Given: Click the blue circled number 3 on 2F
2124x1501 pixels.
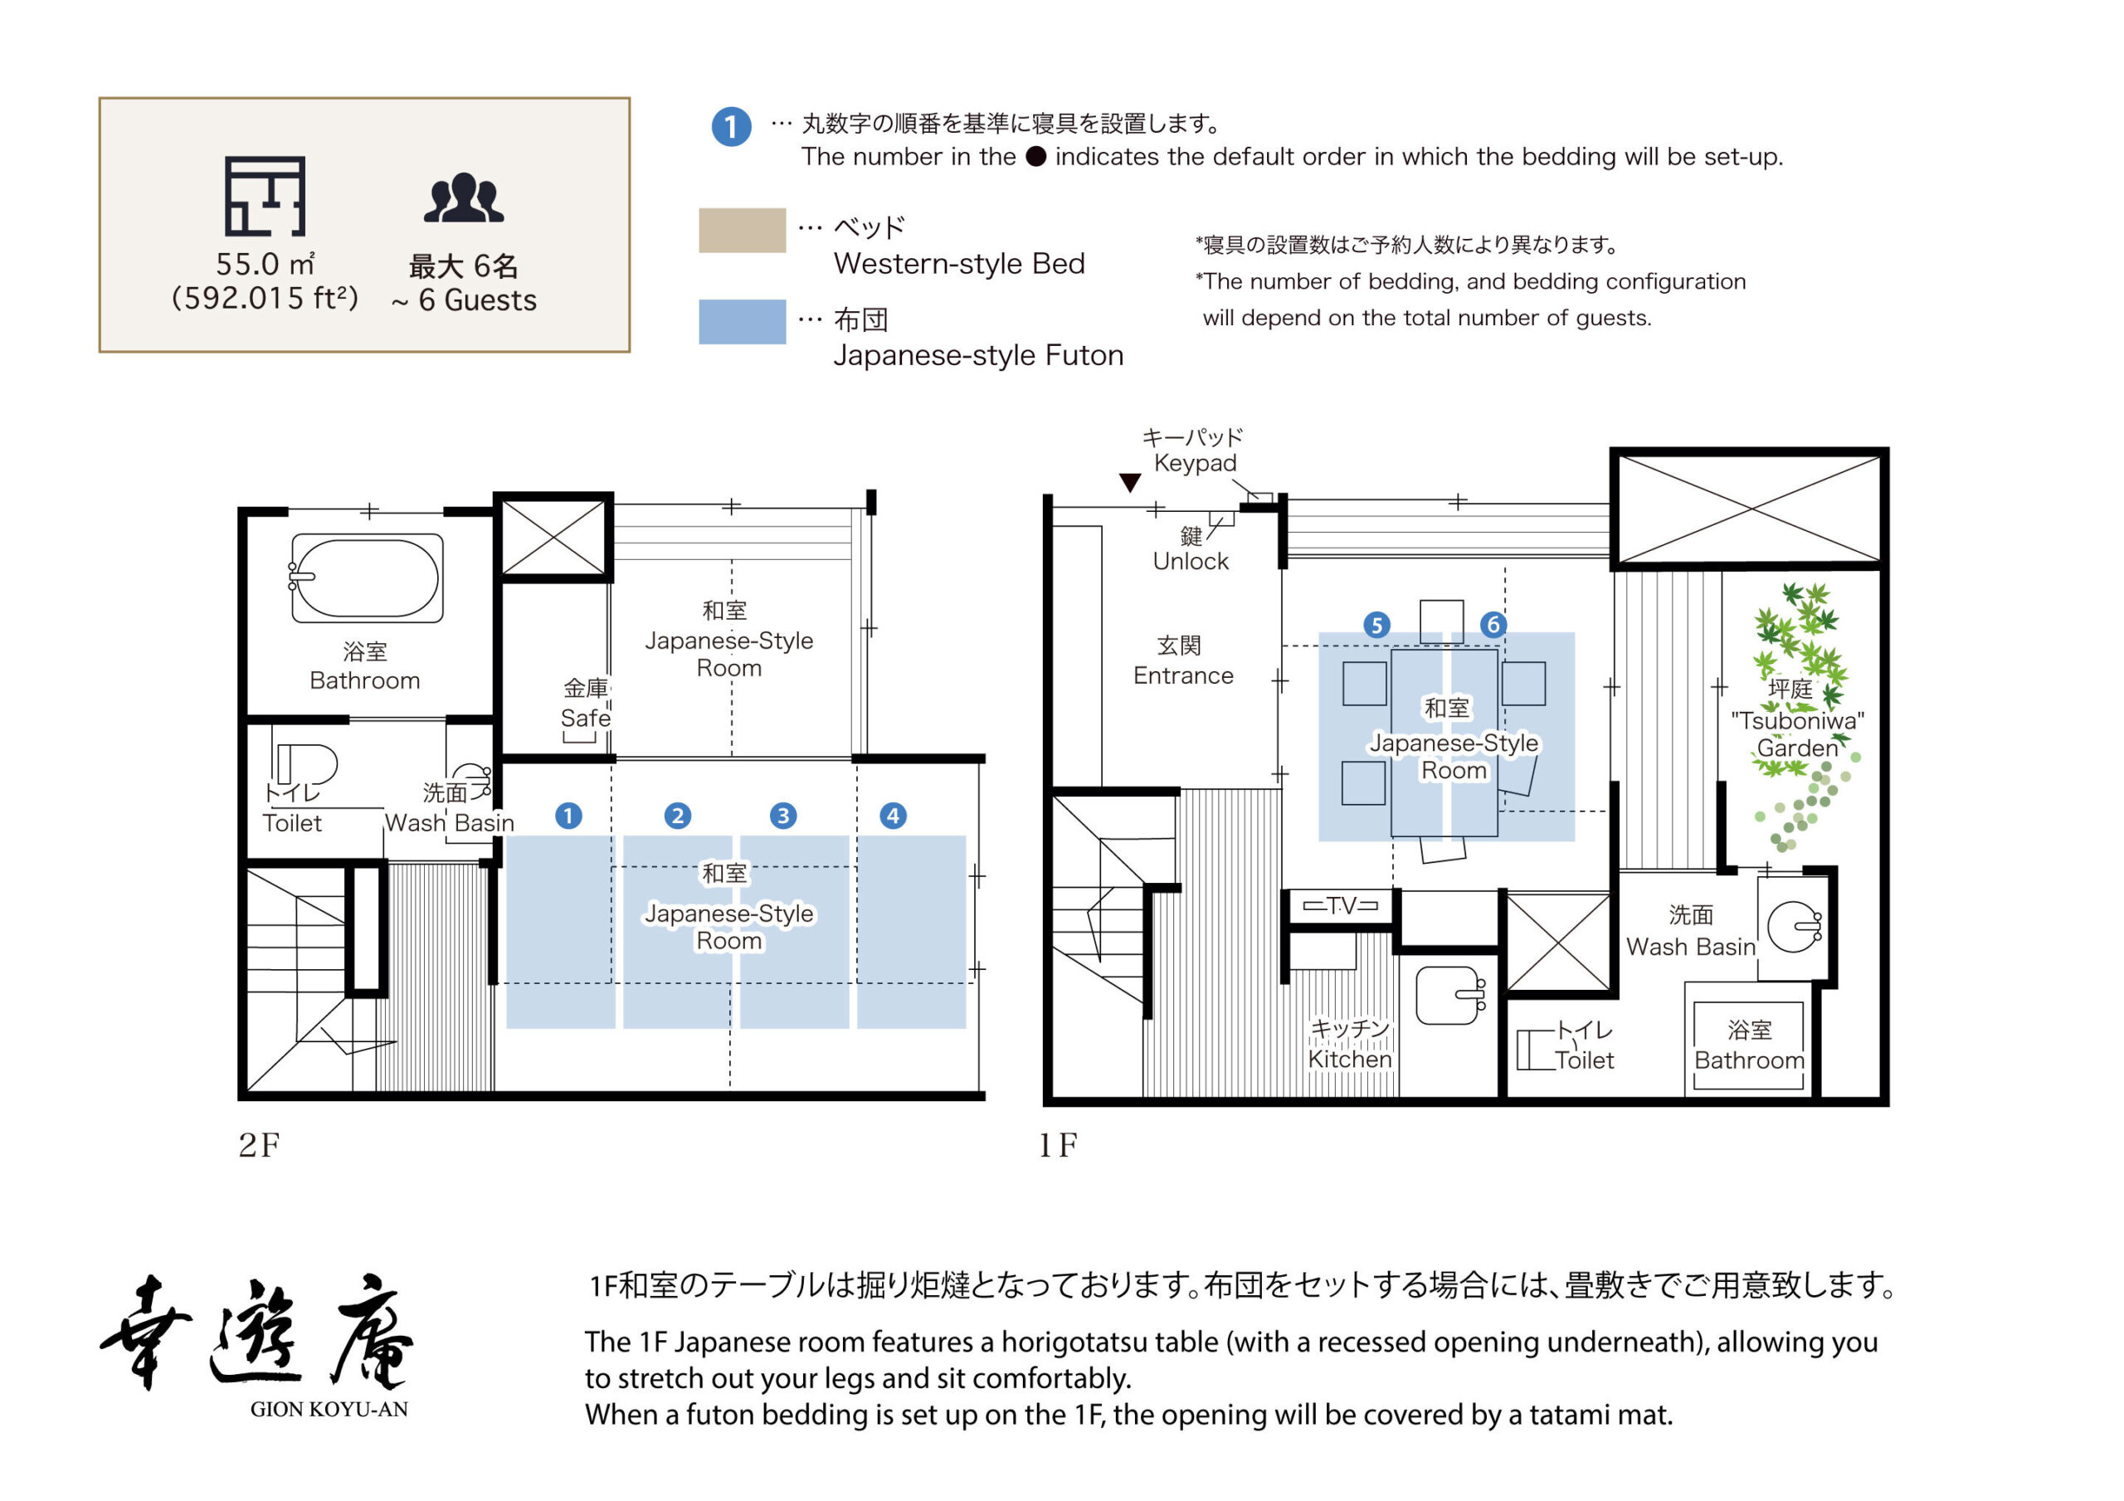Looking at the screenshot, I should [x=782, y=816].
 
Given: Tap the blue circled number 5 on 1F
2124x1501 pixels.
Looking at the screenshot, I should [x=1376, y=625].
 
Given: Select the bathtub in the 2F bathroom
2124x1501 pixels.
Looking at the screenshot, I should [x=368, y=577].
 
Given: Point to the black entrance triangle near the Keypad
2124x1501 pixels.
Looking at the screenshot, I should [x=1129, y=482].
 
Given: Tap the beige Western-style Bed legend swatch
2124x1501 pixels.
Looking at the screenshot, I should [x=742, y=231].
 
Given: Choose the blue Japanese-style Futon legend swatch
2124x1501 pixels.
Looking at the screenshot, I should [x=742, y=321].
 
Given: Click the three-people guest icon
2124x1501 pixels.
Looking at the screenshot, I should [x=464, y=198].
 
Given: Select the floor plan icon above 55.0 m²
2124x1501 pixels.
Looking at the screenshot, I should [x=265, y=196].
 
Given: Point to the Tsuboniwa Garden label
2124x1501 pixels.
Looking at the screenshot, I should [x=1796, y=720].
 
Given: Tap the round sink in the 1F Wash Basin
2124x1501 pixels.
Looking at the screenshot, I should [x=1793, y=926].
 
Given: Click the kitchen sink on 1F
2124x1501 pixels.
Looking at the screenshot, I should [x=1449, y=996].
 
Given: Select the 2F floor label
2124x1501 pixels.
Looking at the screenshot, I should [x=259, y=1145].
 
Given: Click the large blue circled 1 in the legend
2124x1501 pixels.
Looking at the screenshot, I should [x=731, y=127].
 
